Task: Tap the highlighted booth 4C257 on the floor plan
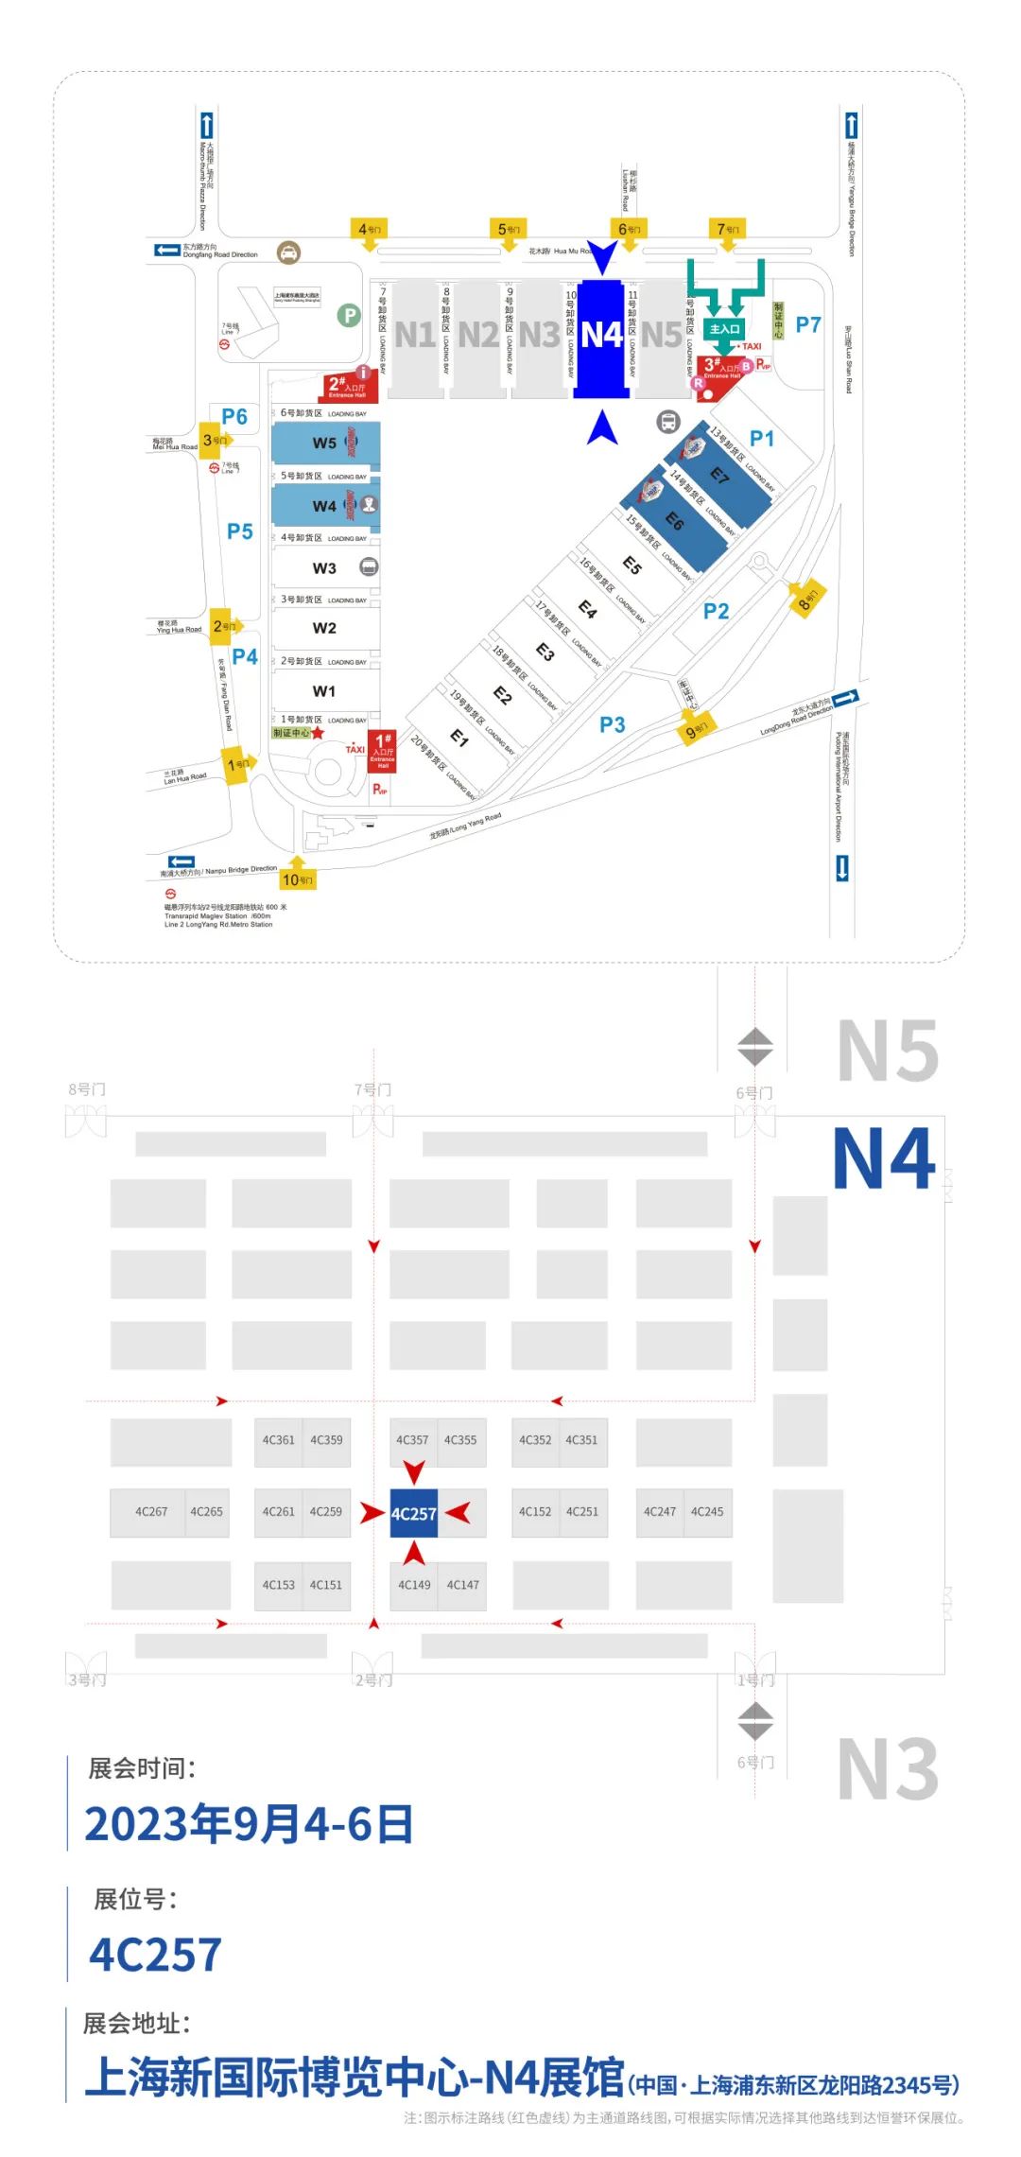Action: click(414, 1513)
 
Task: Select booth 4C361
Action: click(278, 1440)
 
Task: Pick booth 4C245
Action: click(707, 1511)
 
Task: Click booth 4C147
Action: click(462, 1585)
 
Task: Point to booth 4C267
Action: click(151, 1511)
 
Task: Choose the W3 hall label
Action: click(324, 568)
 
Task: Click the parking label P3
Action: click(613, 725)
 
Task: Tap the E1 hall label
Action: click(459, 738)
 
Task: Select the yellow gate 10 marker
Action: click(298, 879)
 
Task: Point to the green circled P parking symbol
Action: click(349, 316)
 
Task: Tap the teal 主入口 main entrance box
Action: click(725, 329)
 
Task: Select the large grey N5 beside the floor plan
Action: click(888, 1051)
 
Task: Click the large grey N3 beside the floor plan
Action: click(888, 1768)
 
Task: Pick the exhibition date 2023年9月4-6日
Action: click(250, 1824)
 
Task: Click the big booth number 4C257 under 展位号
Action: click(156, 1955)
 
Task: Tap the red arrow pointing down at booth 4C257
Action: click(414, 1471)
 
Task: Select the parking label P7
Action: click(808, 325)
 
